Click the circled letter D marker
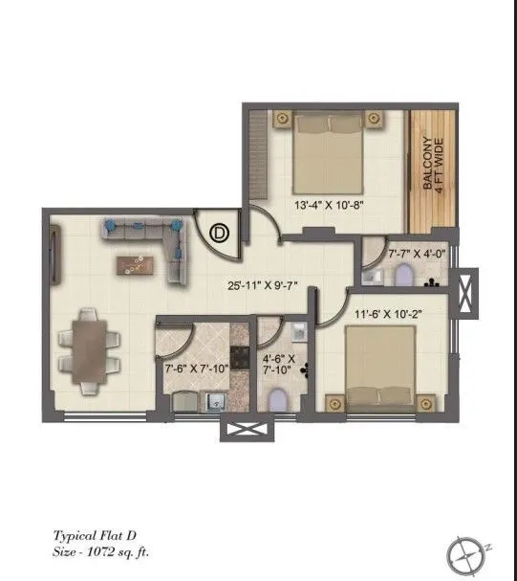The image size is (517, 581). pos(220,232)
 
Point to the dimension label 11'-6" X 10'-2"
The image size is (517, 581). pos(389,312)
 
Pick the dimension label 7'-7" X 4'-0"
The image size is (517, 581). pos(418,256)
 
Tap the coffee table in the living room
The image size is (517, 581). pos(136,263)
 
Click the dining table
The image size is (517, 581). pos(87,349)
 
